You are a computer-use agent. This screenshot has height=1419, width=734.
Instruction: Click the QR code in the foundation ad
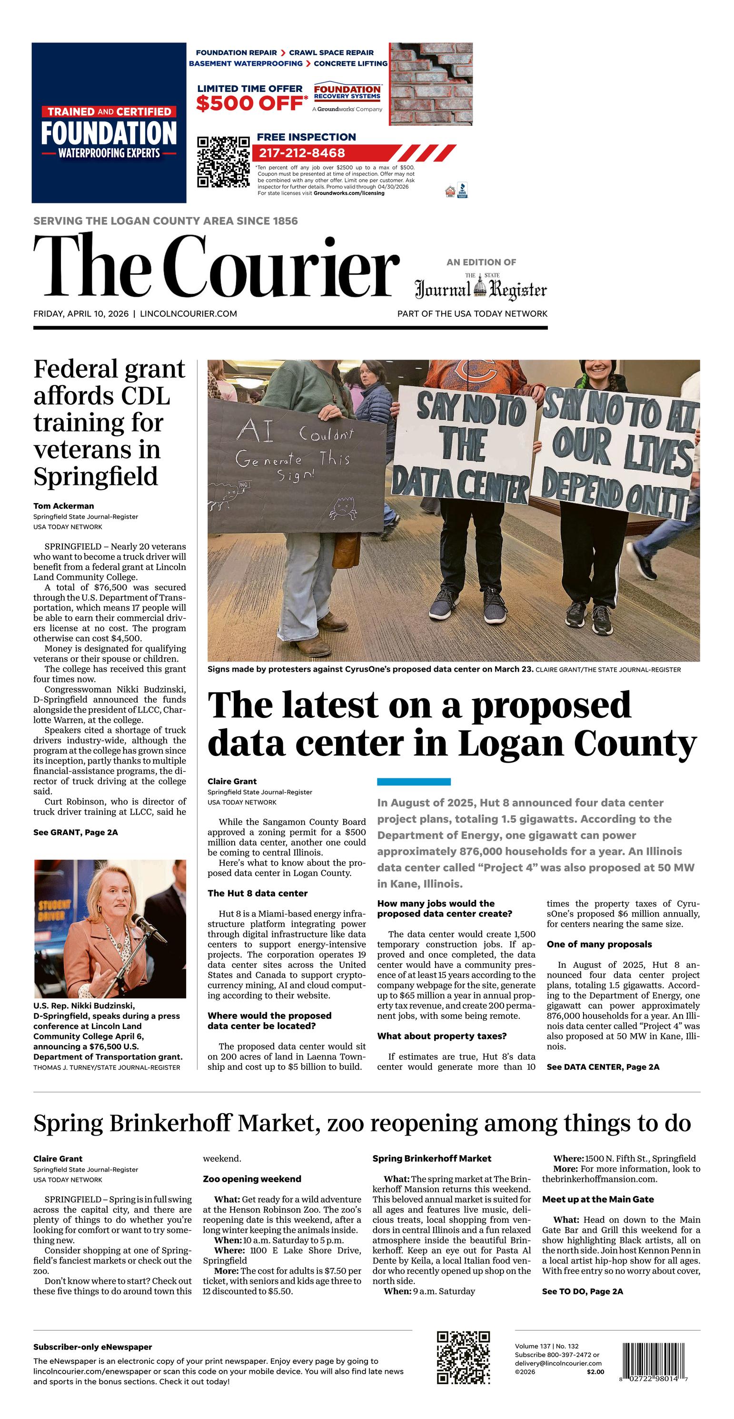[223, 161]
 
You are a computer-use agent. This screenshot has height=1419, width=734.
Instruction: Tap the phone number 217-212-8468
[302, 153]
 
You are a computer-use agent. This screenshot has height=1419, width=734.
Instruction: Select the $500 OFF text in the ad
[249, 103]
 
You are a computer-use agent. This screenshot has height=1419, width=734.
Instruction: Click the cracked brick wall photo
[431, 84]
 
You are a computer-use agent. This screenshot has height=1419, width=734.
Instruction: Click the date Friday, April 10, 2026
[81, 314]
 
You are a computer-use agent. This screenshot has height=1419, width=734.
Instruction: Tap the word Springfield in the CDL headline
[95, 476]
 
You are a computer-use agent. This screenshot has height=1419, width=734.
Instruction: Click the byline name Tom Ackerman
[63, 506]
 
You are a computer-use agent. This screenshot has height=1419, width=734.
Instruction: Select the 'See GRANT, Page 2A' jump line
[75, 832]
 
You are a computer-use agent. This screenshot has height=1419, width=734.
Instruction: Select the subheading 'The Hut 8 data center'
[257, 893]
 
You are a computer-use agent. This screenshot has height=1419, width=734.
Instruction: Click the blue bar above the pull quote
[414, 782]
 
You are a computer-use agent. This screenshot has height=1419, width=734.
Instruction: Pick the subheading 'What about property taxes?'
[442, 1036]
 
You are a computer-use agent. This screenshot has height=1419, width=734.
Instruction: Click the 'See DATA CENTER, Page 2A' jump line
[603, 1067]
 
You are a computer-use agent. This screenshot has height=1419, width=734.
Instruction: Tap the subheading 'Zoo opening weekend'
[252, 1179]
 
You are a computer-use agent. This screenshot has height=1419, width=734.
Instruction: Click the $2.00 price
[595, 1372]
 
